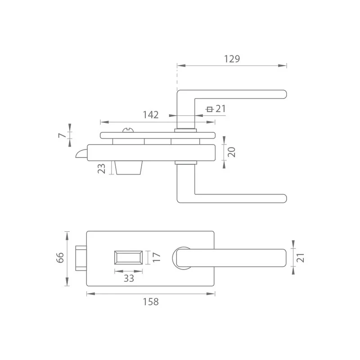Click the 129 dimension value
point(232,59)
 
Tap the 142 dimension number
point(151,115)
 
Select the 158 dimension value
point(151,301)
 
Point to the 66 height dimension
point(60,257)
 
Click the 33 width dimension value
point(129,279)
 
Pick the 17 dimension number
point(156,257)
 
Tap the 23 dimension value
point(102,168)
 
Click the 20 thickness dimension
point(231,152)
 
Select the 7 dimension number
point(62,135)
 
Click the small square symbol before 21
point(209,109)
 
